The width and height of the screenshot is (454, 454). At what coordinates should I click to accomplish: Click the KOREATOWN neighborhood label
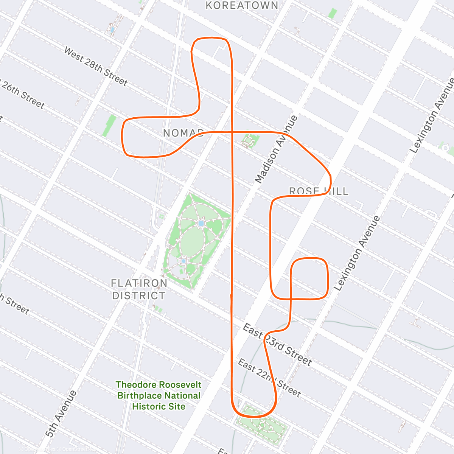[242, 5]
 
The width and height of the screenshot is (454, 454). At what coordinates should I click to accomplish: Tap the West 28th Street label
[95, 66]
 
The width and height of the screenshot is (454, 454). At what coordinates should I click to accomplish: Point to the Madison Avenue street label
[276, 149]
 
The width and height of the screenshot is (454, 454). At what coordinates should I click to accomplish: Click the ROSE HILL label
[319, 191]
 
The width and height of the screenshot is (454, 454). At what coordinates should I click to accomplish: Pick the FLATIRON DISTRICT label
[139, 289]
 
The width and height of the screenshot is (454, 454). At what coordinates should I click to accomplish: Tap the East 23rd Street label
[277, 344]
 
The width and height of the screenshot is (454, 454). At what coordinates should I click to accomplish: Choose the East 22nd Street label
[269, 378]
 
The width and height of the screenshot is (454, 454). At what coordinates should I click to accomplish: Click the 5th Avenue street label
[61, 414]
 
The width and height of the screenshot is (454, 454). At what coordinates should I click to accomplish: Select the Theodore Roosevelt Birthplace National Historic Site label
[159, 395]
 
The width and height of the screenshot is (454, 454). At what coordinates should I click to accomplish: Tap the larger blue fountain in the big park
[201, 224]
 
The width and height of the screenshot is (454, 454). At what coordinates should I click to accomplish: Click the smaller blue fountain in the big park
[183, 261]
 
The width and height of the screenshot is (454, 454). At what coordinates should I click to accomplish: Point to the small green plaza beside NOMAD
[250, 141]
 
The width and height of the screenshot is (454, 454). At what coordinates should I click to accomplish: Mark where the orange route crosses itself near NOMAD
[232, 132]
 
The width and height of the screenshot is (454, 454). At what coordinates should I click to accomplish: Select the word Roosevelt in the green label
[179, 385]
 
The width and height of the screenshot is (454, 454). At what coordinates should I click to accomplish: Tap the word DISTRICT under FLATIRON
[139, 295]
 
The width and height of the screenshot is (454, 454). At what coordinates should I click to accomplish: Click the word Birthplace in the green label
[140, 396]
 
